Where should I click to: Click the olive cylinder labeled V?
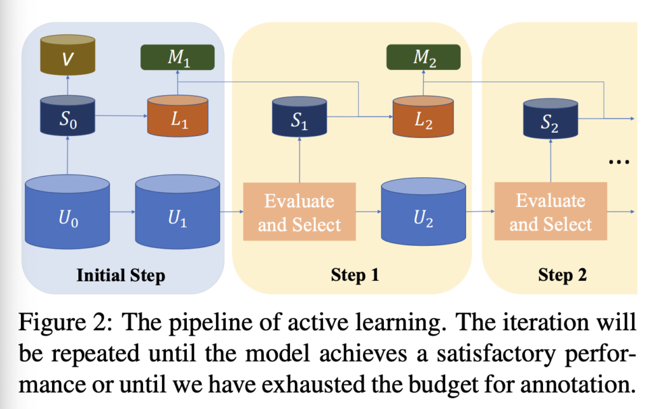click(x=67, y=55)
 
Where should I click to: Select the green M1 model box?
click(x=178, y=57)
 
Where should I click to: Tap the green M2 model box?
click(x=423, y=57)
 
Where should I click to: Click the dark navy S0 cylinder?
click(x=67, y=116)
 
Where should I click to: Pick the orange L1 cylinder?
click(x=178, y=116)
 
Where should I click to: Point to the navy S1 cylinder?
click(x=299, y=117)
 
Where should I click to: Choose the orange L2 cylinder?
click(x=423, y=117)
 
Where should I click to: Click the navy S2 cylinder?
click(x=551, y=119)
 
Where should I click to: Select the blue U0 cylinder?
click(x=67, y=212)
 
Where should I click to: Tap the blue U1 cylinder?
click(x=178, y=212)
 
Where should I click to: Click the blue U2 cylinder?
click(x=423, y=212)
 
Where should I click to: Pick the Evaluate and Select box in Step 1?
click(x=299, y=212)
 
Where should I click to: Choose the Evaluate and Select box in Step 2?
click(x=551, y=211)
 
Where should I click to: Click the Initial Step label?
click(x=121, y=276)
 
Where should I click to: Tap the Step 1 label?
click(x=355, y=275)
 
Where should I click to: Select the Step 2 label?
click(x=563, y=275)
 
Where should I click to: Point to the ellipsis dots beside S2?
click(x=619, y=162)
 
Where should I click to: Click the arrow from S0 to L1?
click(x=121, y=116)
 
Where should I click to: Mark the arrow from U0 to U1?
click(x=123, y=212)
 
